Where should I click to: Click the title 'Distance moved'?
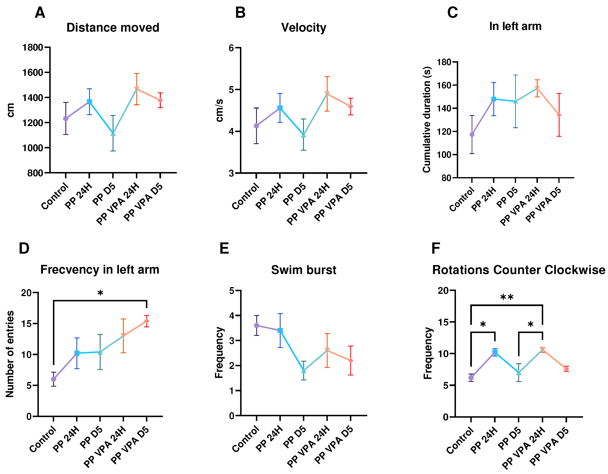[113, 28]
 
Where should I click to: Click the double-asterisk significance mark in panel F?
[507, 297]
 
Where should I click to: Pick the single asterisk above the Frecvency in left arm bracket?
[100, 293]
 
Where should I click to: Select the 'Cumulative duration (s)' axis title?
[427, 120]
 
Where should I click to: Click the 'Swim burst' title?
[303, 270]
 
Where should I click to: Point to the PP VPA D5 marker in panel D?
[147, 321]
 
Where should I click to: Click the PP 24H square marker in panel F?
[495, 352]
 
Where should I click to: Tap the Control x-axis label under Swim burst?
[245, 439]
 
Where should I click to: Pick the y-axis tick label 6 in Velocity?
[231, 48]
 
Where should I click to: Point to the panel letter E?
[224, 248]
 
